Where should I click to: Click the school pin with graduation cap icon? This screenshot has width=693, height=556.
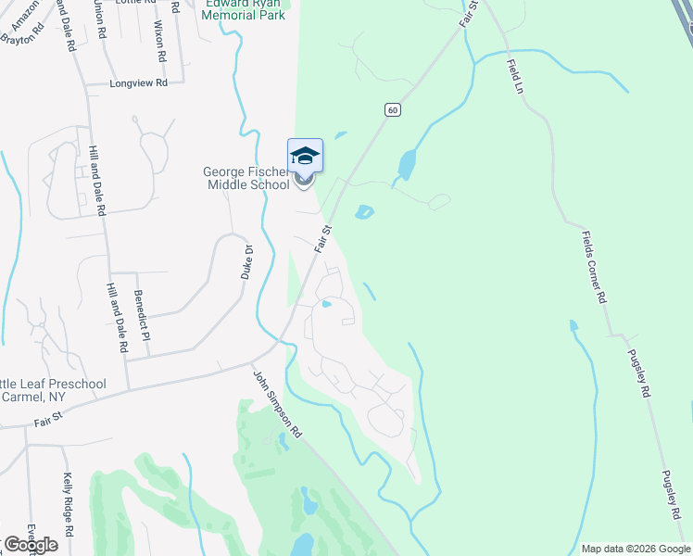304,156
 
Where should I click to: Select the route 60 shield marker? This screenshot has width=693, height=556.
393,110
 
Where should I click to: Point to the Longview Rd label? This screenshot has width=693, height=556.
138,82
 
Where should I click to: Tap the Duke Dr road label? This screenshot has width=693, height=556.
247,262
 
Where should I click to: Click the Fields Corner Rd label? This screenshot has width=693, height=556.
593,268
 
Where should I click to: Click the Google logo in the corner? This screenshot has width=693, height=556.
31,544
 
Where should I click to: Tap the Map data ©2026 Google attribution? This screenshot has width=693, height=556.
635,549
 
